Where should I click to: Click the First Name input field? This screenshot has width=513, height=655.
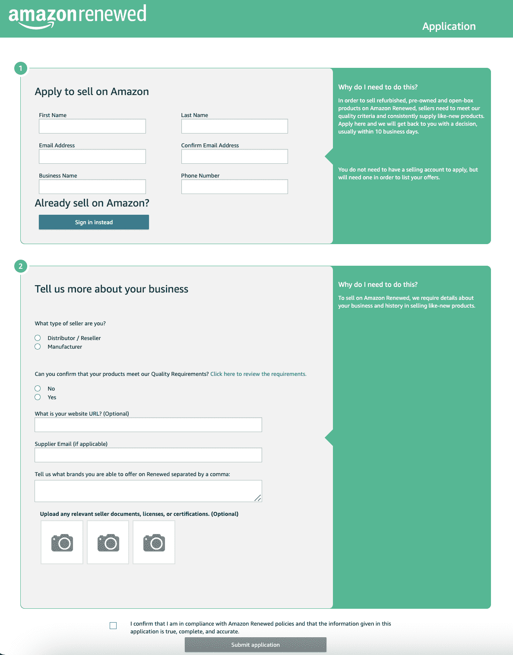92,126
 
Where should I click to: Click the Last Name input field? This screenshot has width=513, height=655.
234,126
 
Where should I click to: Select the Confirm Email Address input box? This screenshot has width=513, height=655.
234,156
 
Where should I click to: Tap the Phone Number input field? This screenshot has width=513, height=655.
234,187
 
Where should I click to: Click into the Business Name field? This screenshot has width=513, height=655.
92,187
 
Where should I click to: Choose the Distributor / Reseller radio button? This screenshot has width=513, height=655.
38,338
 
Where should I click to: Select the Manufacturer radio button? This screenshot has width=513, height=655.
38,347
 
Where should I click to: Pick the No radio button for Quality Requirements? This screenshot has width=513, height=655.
38,388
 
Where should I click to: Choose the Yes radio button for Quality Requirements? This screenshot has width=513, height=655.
38,397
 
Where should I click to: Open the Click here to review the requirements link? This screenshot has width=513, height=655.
258,374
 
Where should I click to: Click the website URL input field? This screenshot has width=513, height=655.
148,425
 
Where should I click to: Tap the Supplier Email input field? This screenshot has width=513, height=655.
148,455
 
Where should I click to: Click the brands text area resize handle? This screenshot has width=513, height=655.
258,498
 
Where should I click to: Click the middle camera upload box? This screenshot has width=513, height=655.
108,542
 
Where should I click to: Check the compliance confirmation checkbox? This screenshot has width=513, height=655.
113,626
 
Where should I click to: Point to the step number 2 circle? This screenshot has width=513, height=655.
21,266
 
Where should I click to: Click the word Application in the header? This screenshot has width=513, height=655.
449,26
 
